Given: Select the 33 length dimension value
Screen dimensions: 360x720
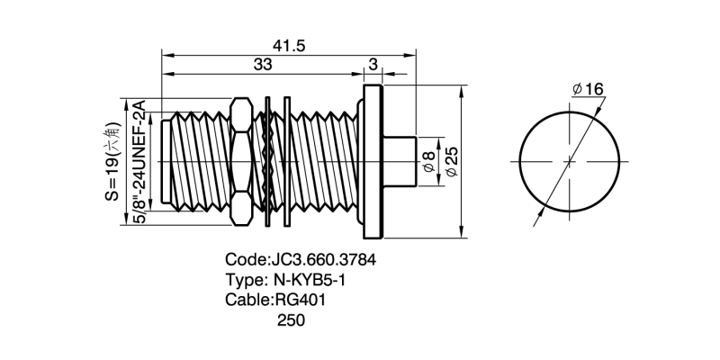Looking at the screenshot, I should [263, 65].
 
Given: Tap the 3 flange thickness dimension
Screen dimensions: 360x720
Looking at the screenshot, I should [373, 65].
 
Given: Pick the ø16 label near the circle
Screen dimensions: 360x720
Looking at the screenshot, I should [587, 89].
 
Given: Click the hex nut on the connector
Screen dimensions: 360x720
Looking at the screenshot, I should [240, 161].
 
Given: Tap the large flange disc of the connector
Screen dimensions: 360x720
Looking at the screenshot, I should [373, 161].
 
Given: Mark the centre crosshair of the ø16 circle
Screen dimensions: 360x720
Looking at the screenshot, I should [569, 162].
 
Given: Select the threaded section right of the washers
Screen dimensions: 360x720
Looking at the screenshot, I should [324, 161].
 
